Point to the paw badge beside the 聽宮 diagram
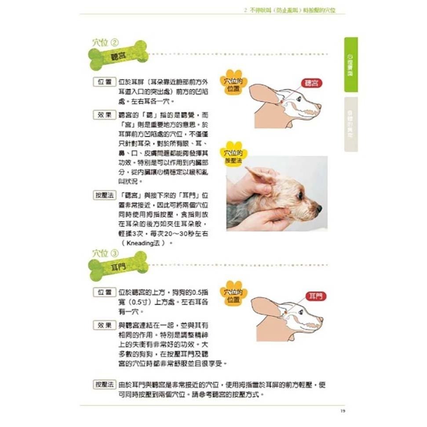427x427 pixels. click(234, 83)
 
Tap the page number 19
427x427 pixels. click(343, 411)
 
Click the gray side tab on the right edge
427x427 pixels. click(350, 124)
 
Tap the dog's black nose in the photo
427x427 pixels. click(319, 208)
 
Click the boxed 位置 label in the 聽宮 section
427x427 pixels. click(104, 83)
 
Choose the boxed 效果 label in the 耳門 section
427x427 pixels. click(104, 325)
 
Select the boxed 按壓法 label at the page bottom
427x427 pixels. click(105, 384)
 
